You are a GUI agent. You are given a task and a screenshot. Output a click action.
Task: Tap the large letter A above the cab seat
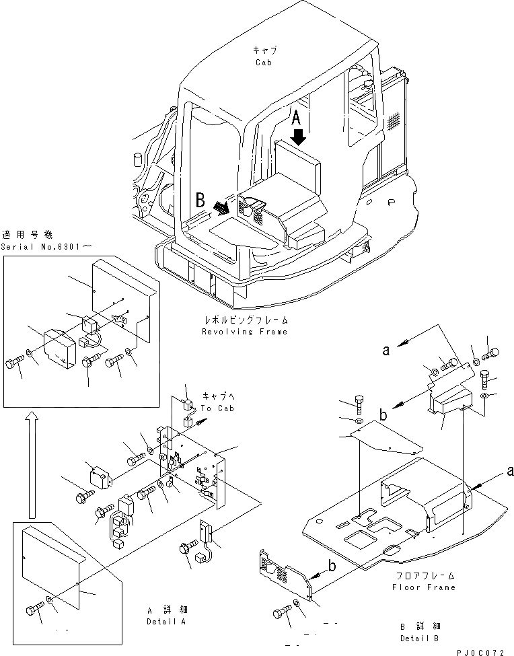pos(297,118)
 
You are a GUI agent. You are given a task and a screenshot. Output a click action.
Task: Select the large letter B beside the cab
pos(200,199)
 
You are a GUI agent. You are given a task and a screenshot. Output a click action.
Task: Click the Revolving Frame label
pos(244,331)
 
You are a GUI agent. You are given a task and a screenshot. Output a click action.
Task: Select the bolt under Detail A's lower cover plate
pos(34,610)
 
